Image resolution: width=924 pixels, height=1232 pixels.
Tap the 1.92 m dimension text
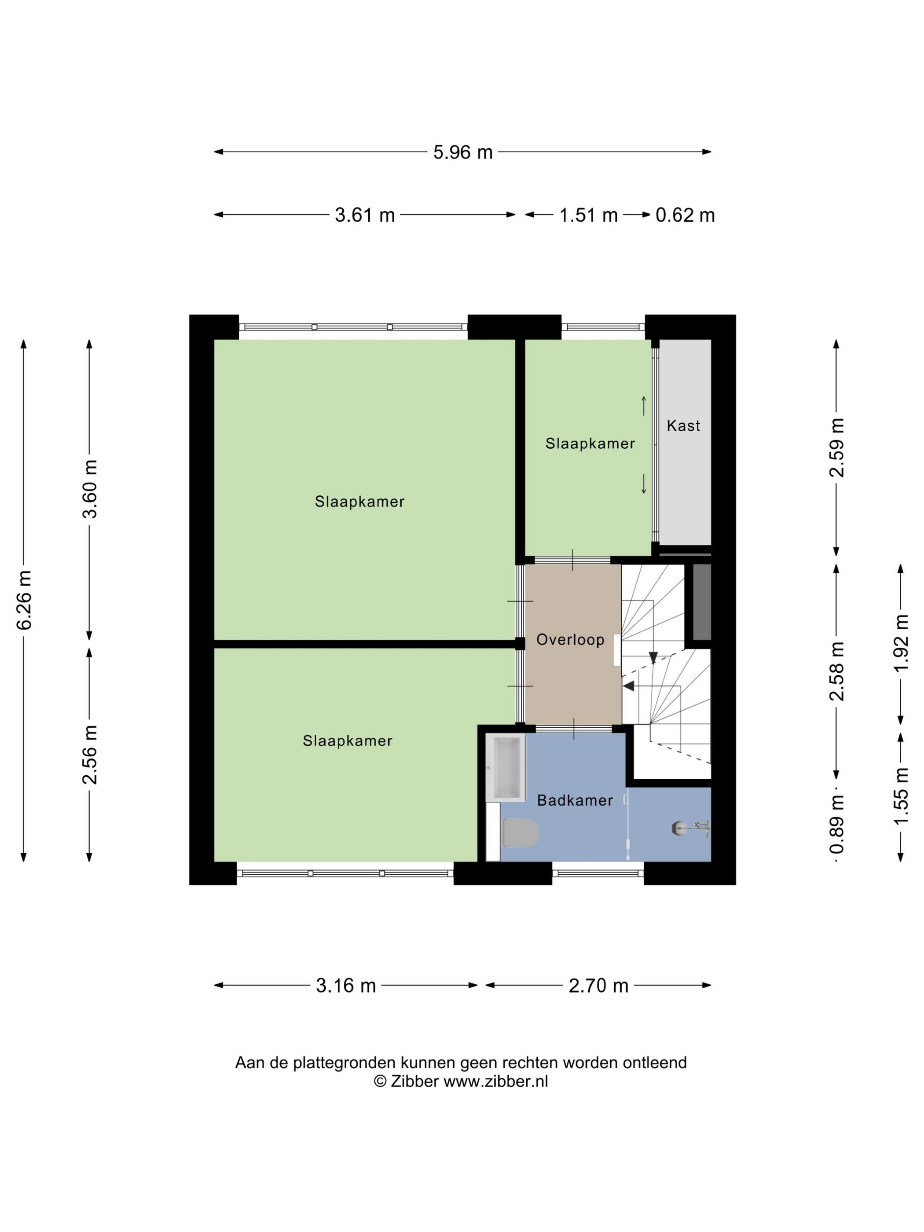tap(901, 643)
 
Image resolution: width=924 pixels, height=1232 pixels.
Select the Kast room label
tap(683, 425)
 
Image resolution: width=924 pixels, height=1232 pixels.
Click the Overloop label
tap(570, 639)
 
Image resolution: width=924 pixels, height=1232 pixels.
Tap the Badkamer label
tap(575, 800)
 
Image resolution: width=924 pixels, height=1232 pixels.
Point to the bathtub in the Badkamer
tap(505, 767)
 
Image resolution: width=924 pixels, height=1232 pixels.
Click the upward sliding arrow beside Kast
tap(644, 406)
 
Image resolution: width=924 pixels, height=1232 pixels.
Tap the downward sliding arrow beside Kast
tap(644, 484)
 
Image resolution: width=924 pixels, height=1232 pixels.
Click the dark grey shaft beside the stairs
tap(702, 602)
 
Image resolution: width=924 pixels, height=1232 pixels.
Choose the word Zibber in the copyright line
tap(414, 1082)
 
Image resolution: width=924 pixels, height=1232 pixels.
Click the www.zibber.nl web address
tap(496, 1082)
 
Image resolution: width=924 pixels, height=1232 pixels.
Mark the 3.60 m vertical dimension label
tap(90, 489)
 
